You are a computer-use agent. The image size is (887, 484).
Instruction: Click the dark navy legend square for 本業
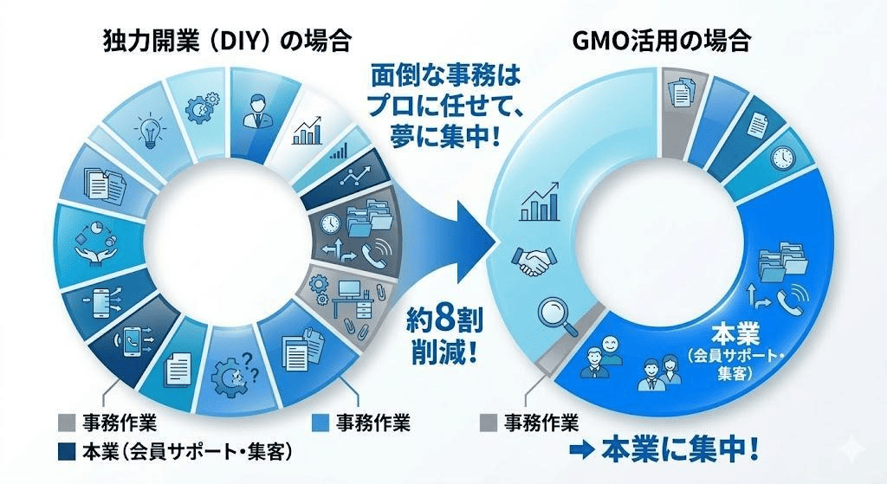pos(67,451)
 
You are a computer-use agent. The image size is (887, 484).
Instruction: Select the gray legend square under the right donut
pos(489,423)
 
